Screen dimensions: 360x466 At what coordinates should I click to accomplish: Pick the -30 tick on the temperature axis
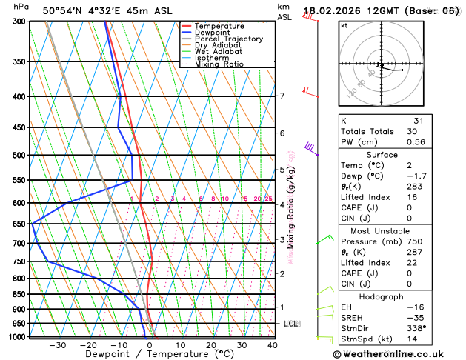[57, 344]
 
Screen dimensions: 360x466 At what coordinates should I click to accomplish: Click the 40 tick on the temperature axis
[273, 344]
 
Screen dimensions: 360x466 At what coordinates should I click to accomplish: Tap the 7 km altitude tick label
[282, 96]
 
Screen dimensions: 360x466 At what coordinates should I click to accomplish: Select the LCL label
[290, 324]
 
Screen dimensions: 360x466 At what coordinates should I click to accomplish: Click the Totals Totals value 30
[412, 131]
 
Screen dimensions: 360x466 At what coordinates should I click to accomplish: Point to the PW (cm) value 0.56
[416, 142]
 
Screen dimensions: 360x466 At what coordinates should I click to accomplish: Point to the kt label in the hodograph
[344, 25]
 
